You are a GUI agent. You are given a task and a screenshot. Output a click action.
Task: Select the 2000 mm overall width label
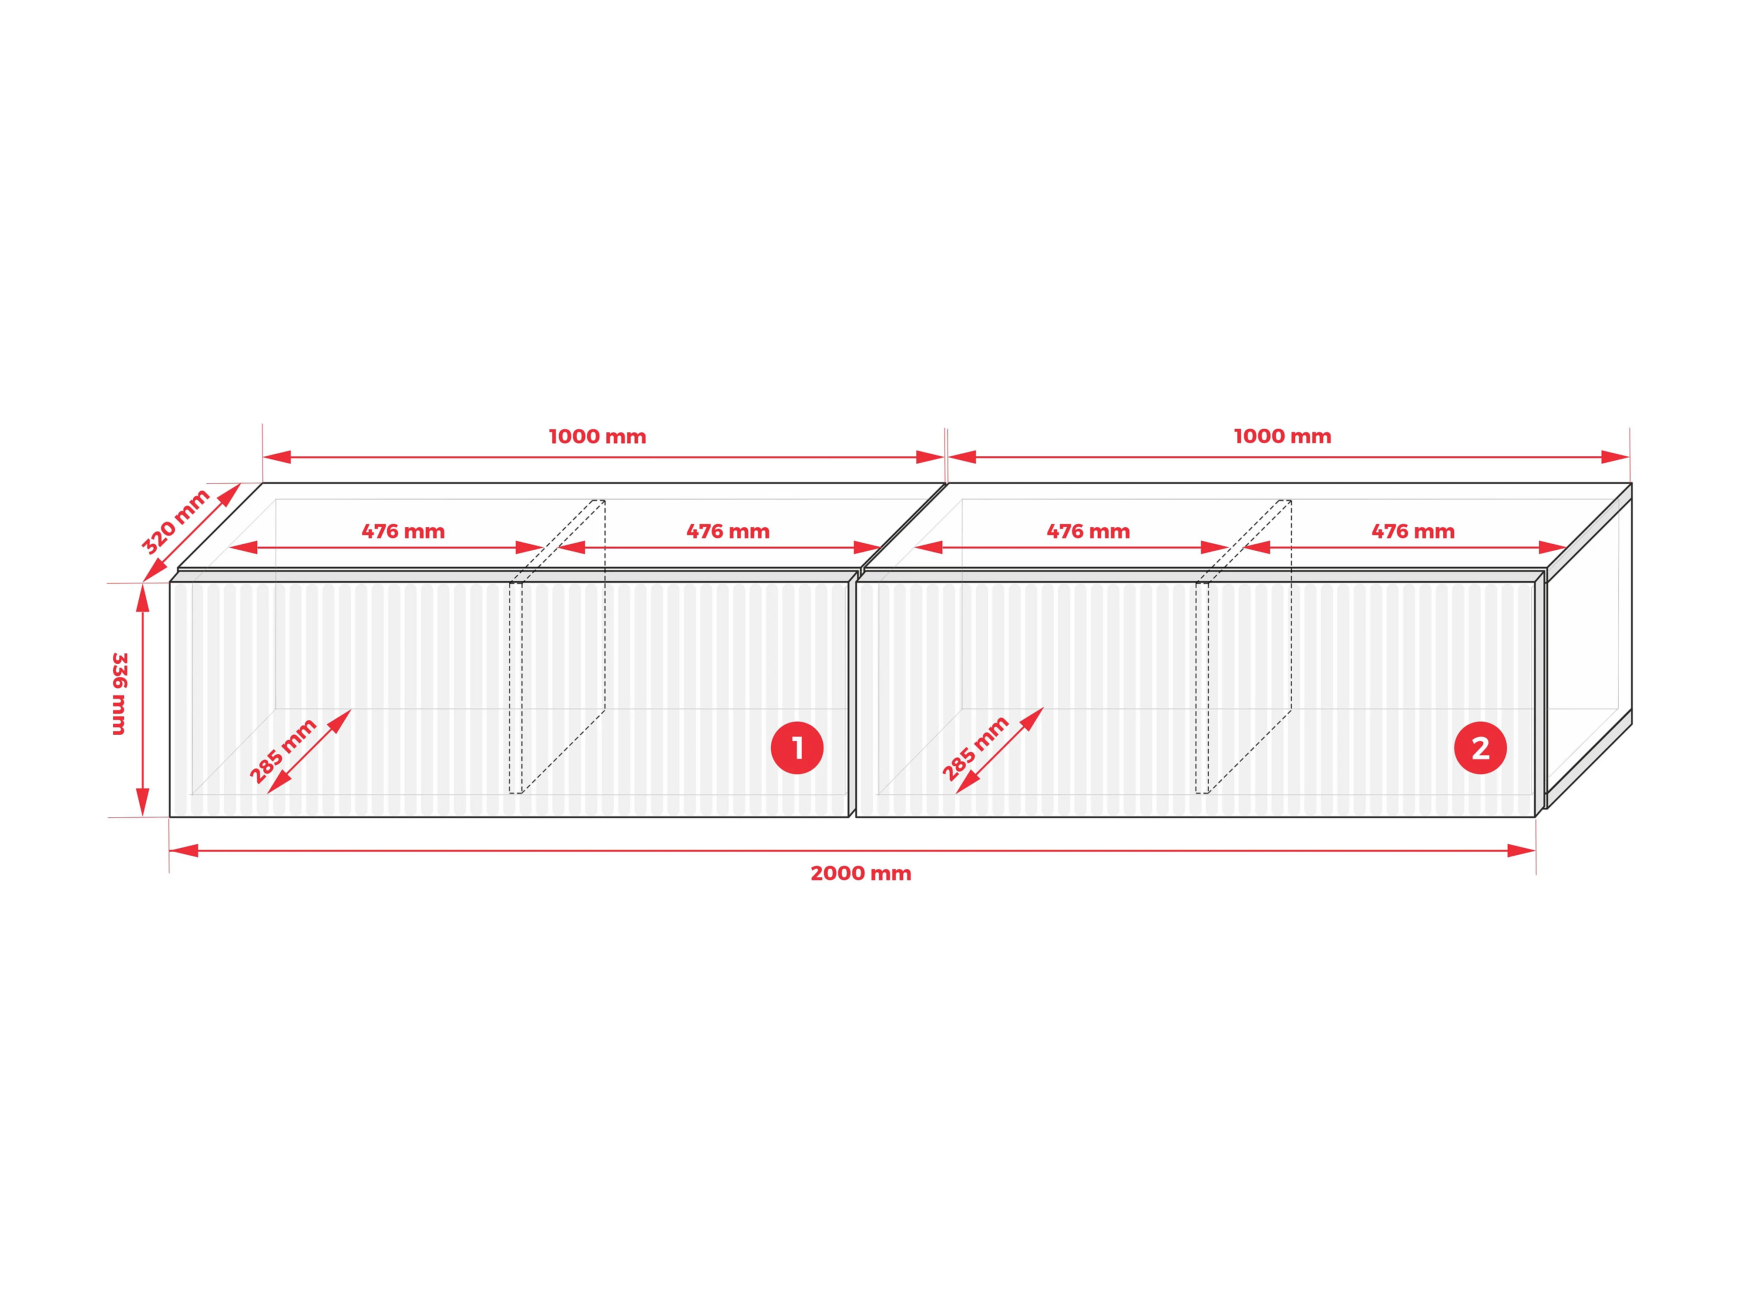861,873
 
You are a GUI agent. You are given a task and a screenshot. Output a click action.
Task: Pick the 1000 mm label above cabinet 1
598,437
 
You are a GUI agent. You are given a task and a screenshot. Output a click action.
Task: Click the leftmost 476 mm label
403,532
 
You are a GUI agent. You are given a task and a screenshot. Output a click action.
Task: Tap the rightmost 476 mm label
1413,532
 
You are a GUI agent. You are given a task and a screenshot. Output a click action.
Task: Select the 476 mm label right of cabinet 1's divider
728,532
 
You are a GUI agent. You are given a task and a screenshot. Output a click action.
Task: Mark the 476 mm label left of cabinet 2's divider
1089,532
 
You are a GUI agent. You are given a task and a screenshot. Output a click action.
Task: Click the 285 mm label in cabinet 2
975,749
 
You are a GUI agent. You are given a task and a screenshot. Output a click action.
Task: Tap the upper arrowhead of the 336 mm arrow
142,598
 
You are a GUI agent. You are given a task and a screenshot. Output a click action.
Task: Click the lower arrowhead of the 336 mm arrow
142,802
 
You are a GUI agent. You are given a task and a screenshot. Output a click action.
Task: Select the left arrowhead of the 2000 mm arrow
183,850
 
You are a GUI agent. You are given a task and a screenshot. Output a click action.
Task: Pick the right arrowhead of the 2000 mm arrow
1521,850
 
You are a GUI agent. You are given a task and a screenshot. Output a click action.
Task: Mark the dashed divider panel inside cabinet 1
557,646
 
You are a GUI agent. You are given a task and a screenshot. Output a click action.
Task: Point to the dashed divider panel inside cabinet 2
1244,646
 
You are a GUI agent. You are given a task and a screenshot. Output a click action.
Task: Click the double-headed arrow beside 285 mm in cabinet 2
1000,750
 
